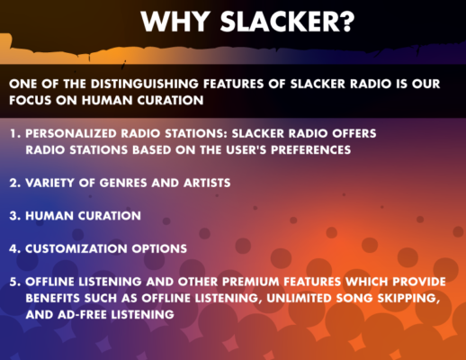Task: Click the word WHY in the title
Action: [x=175, y=22]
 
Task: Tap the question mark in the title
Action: [x=348, y=21]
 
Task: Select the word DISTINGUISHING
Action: [x=145, y=84]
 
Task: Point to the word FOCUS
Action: [x=31, y=100]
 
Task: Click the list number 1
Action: [x=15, y=133]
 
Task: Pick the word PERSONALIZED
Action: [x=71, y=133]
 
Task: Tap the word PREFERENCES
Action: [x=311, y=149]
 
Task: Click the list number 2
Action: [x=15, y=183]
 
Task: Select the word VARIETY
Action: [x=49, y=183]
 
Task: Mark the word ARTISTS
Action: [x=207, y=183]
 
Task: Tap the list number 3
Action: [x=15, y=216]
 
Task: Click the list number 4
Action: [x=15, y=248]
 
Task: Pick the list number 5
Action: [x=15, y=282]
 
